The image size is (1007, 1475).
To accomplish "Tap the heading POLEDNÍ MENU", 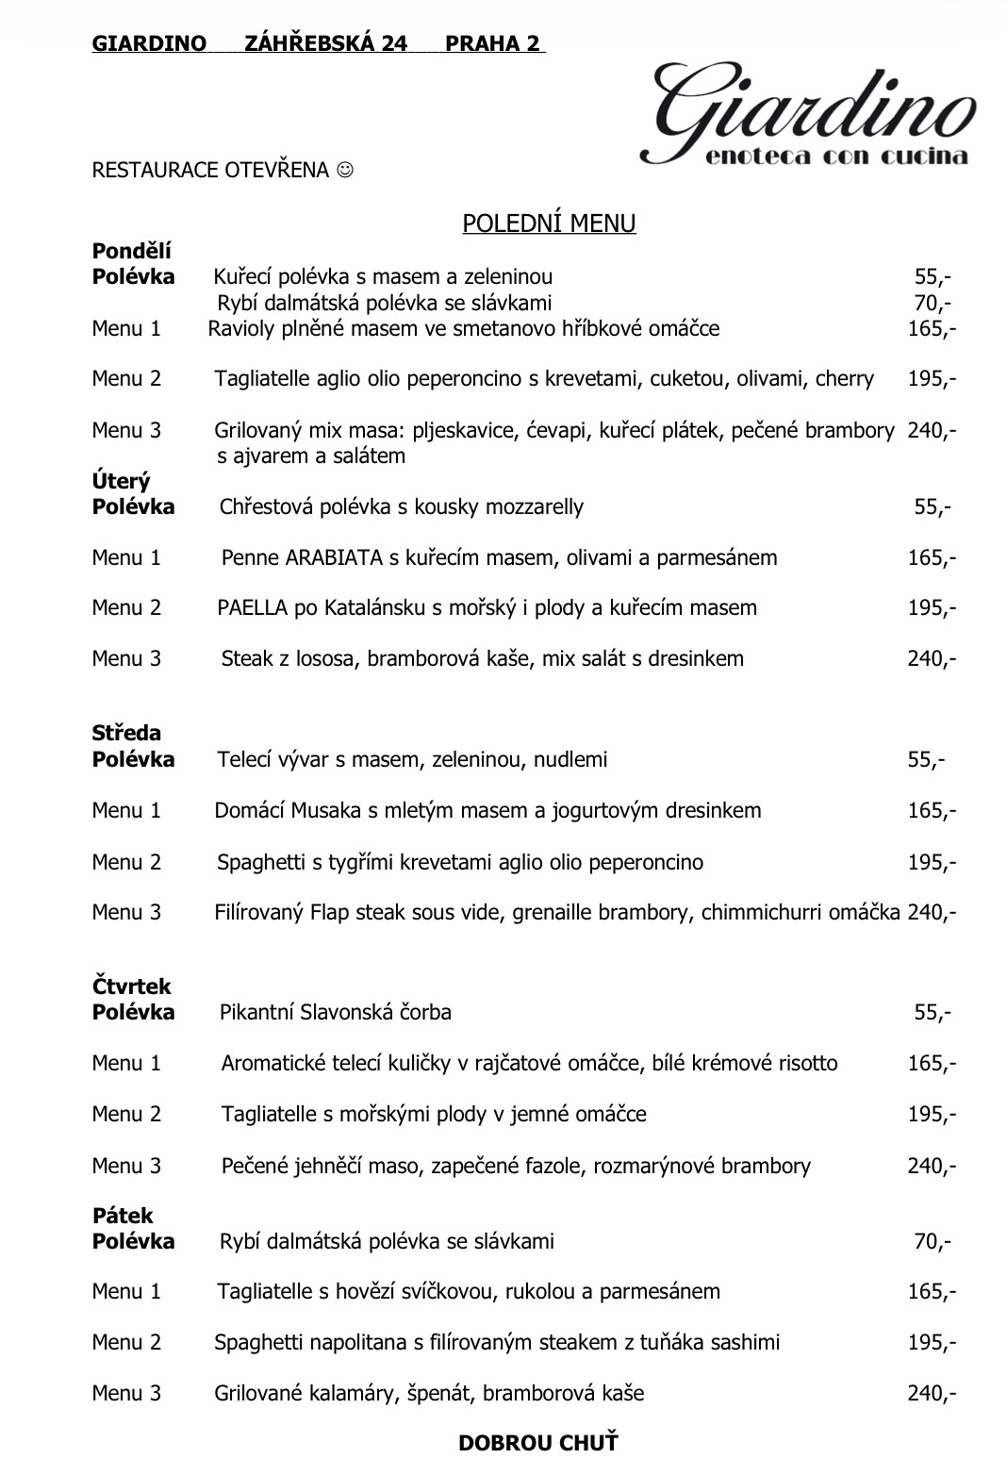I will click(549, 224).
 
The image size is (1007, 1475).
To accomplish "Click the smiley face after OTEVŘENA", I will click(346, 170).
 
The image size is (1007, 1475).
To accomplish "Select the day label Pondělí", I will click(131, 251).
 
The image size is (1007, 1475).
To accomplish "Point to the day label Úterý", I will click(121, 481).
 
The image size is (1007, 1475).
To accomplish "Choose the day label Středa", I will click(126, 733).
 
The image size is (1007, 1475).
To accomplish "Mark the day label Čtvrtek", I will click(131, 986).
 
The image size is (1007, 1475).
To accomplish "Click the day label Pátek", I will click(123, 1216).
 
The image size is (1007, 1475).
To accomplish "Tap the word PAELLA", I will click(252, 608).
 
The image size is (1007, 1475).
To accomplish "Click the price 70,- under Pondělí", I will click(932, 303).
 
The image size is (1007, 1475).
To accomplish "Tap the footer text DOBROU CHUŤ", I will click(538, 1442).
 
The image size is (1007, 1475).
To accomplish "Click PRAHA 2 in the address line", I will click(493, 43).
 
